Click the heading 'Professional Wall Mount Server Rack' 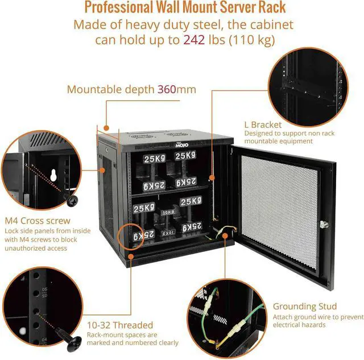184,8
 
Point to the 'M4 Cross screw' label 38,221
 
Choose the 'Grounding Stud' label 304,306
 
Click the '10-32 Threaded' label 120,325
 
